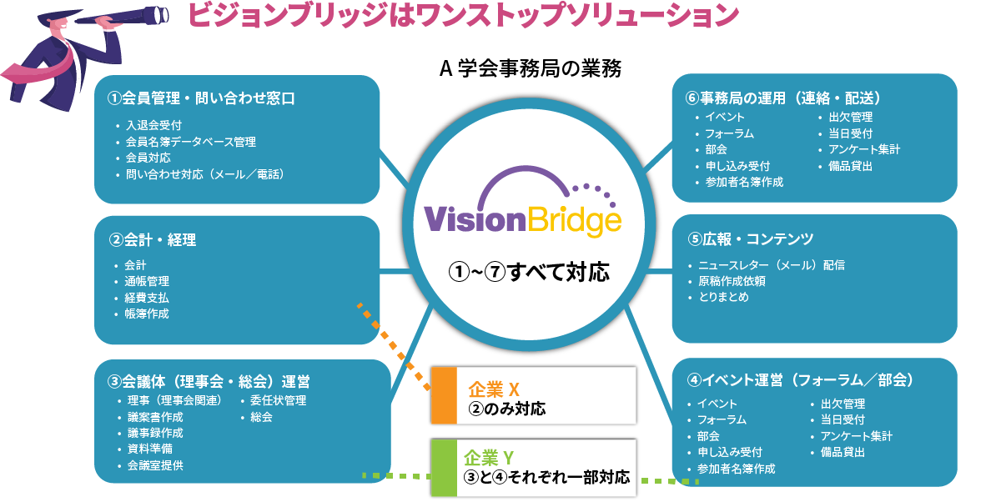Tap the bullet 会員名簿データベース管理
[190, 142]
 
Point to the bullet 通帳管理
[147, 282]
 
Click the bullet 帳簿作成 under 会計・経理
[147, 314]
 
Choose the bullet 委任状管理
[278, 400]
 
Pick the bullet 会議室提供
[156, 465]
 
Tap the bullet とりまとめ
[729, 297]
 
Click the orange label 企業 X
[494, 389]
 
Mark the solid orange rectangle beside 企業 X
[442, 393]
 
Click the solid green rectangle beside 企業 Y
[442, 468]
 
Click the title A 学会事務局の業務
[530, 68]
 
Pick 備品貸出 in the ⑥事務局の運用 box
[851, 166]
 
